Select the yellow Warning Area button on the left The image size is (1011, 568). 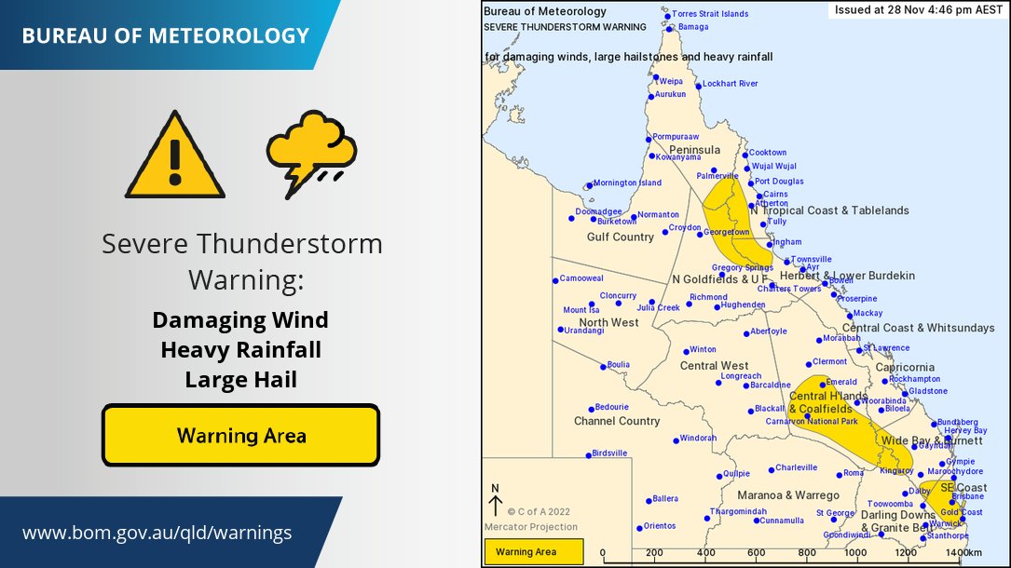coord(240,435)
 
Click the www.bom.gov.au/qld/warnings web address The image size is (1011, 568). coord(157,533)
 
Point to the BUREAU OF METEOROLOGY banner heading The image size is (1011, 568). coord(165,36)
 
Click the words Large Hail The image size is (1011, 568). coord(240,379)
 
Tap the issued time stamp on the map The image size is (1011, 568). coord(917,9)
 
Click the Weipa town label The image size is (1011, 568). coord(671,81)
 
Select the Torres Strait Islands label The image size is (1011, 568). coord(710,14)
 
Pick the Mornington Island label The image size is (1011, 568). coord(627,183)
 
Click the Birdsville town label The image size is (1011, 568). coord(610,453)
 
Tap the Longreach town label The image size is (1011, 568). coord(741,376)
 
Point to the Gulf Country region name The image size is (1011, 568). coord(620,237)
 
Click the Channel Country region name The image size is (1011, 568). coord(617,421)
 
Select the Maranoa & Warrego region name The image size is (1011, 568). coord(788,495)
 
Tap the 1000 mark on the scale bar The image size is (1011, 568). coord(856,553)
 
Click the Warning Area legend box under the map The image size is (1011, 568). coord(532,552)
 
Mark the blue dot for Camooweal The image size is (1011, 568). coord(555,279)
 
